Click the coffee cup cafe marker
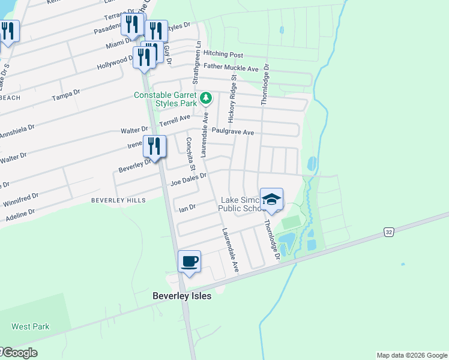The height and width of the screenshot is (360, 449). [190, 262]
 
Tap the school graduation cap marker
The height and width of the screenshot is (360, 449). [271, 199]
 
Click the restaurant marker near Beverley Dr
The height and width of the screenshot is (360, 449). [154, 146]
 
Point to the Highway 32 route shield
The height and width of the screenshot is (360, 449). [389, 231]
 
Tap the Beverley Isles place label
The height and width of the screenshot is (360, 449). [182, 296]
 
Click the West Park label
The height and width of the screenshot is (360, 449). [30, 327]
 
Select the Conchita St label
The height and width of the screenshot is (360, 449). [190, 152]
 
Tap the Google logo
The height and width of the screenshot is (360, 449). [19, 353]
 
